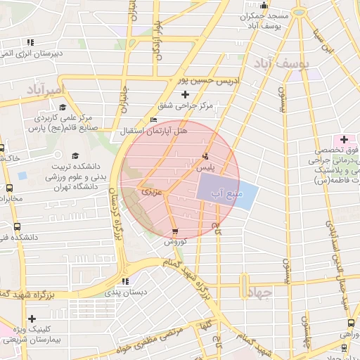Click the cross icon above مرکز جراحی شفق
click(x=186, y=94)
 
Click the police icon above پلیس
click(x=205, y=156)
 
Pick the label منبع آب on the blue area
click(x=226, y=192)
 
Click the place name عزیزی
click(x=150, y=191)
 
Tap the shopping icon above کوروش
click(x=174, y=231)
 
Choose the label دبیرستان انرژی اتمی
click(x=33, y=53)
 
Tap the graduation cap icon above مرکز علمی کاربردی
click(x=63, y=107)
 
